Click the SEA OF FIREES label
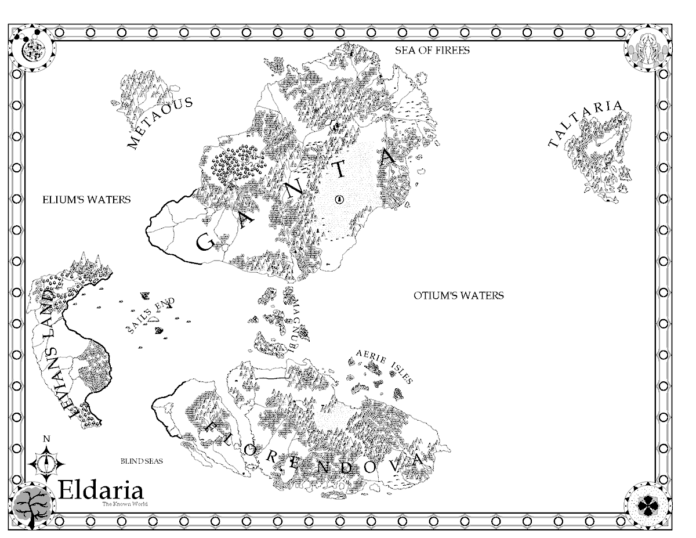432,50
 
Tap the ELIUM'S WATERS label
86,200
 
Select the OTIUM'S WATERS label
459,295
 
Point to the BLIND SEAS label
142,461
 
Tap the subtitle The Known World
125,504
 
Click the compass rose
46,462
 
